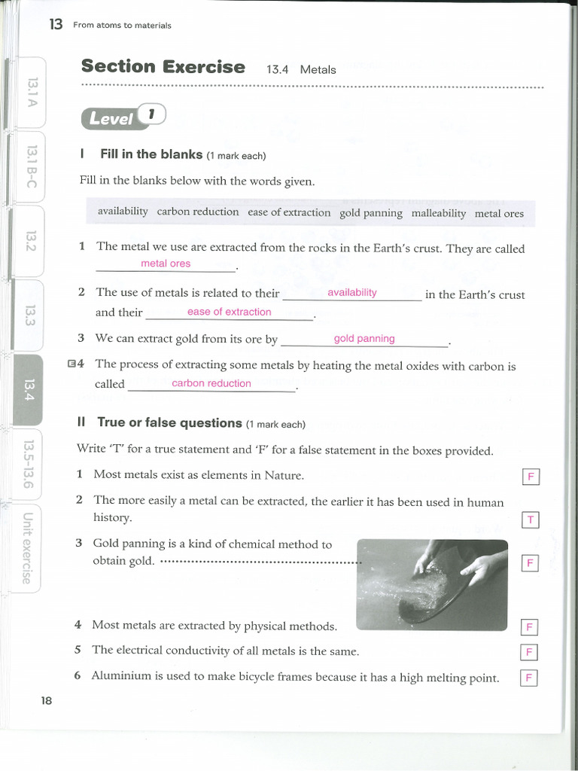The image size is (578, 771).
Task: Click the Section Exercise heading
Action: click(163, 67)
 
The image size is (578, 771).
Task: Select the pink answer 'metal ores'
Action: click(166, 264)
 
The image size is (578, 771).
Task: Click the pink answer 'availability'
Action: click(351, 292)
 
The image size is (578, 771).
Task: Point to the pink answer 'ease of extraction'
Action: click(229, 312)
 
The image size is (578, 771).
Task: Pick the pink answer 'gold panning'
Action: click(364, 339)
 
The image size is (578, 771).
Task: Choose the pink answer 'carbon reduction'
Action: click(211, 383)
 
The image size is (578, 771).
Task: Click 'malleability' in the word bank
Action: click(439, 213)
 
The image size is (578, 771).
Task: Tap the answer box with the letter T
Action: click(530, 520)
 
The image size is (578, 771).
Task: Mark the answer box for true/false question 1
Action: click(530, 477)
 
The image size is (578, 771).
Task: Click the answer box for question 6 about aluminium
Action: click(529, 678)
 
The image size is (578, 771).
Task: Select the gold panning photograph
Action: click(431, 584)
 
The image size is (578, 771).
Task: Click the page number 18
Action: click(47, 700)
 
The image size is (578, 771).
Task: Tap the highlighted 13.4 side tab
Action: click(29, 389)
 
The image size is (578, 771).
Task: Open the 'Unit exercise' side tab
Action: click(27, 547)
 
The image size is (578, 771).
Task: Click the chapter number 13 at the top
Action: click(56, 25)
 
